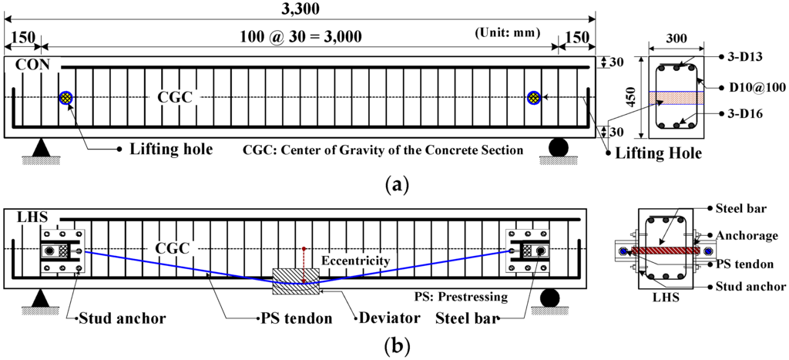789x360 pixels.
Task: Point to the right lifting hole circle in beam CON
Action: [x=532, y=97]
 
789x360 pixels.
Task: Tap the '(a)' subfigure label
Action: [x=395, y=186]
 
